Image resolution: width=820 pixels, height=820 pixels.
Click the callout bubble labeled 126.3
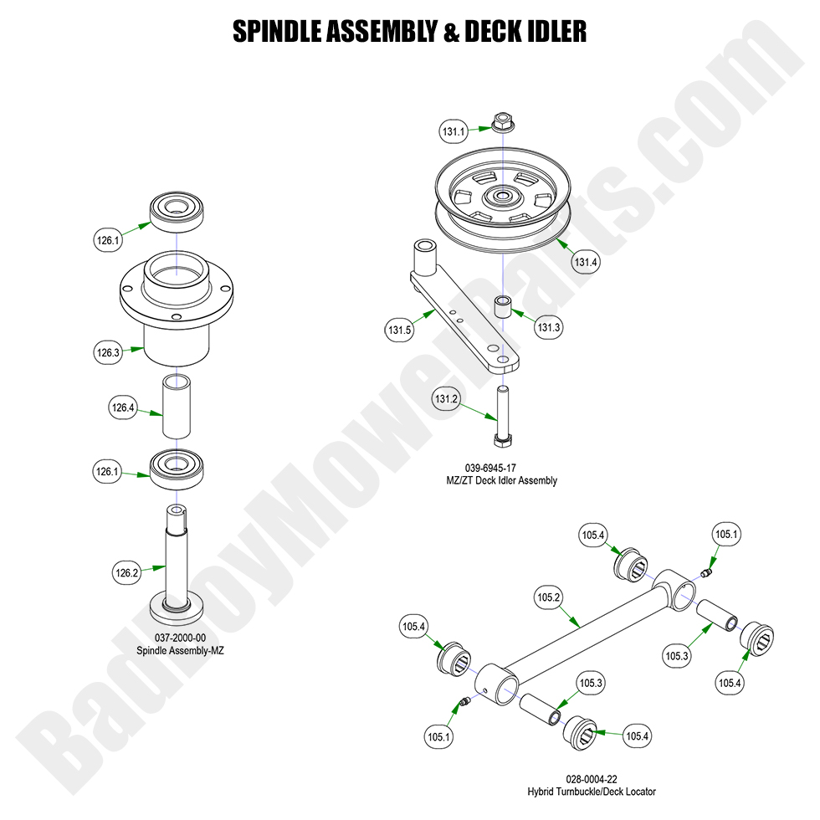(108, 352)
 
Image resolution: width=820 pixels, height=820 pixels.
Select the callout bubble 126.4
(122, 408)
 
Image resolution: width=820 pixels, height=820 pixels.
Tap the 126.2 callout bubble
(126, 573)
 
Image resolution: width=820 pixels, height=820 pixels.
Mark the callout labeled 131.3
(548, 327)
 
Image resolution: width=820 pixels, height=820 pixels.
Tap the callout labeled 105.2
(548, 597)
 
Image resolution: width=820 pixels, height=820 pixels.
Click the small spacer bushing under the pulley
(503, 305)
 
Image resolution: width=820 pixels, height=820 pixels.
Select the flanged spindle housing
(176, 310)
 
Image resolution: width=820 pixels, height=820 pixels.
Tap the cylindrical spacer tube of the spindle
(177, 406)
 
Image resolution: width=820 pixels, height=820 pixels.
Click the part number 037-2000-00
(176, 638)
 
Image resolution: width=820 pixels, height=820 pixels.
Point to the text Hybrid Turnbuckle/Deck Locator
(591, 791)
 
